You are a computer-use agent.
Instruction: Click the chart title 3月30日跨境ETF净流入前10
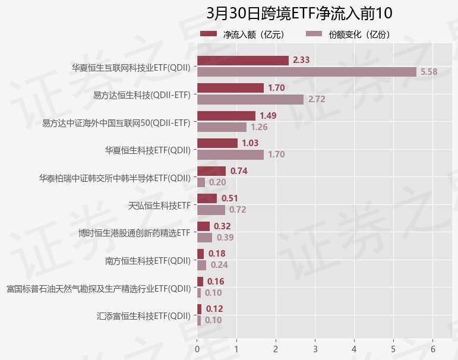(299, 13)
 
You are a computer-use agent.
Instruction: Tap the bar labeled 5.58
(307, 72)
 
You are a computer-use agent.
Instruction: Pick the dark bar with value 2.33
(242, 60)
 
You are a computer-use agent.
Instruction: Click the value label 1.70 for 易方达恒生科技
(276, 88)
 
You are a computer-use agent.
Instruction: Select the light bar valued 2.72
(250, 99)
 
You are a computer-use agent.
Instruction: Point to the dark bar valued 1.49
(226, 115)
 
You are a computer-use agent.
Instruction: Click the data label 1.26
(259, 127)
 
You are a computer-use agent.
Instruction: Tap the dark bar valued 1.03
(217, 143)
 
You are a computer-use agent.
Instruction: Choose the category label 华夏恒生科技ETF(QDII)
(147, 150)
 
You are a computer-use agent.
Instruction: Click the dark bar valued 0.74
(211, 171)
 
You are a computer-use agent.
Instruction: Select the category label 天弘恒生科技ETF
(159, 205)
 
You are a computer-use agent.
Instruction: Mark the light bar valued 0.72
(211, 210)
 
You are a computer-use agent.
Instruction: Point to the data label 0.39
(225, 238)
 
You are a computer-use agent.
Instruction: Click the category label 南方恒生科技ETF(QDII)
(147, 260)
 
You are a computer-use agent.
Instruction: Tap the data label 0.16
(216, 282)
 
